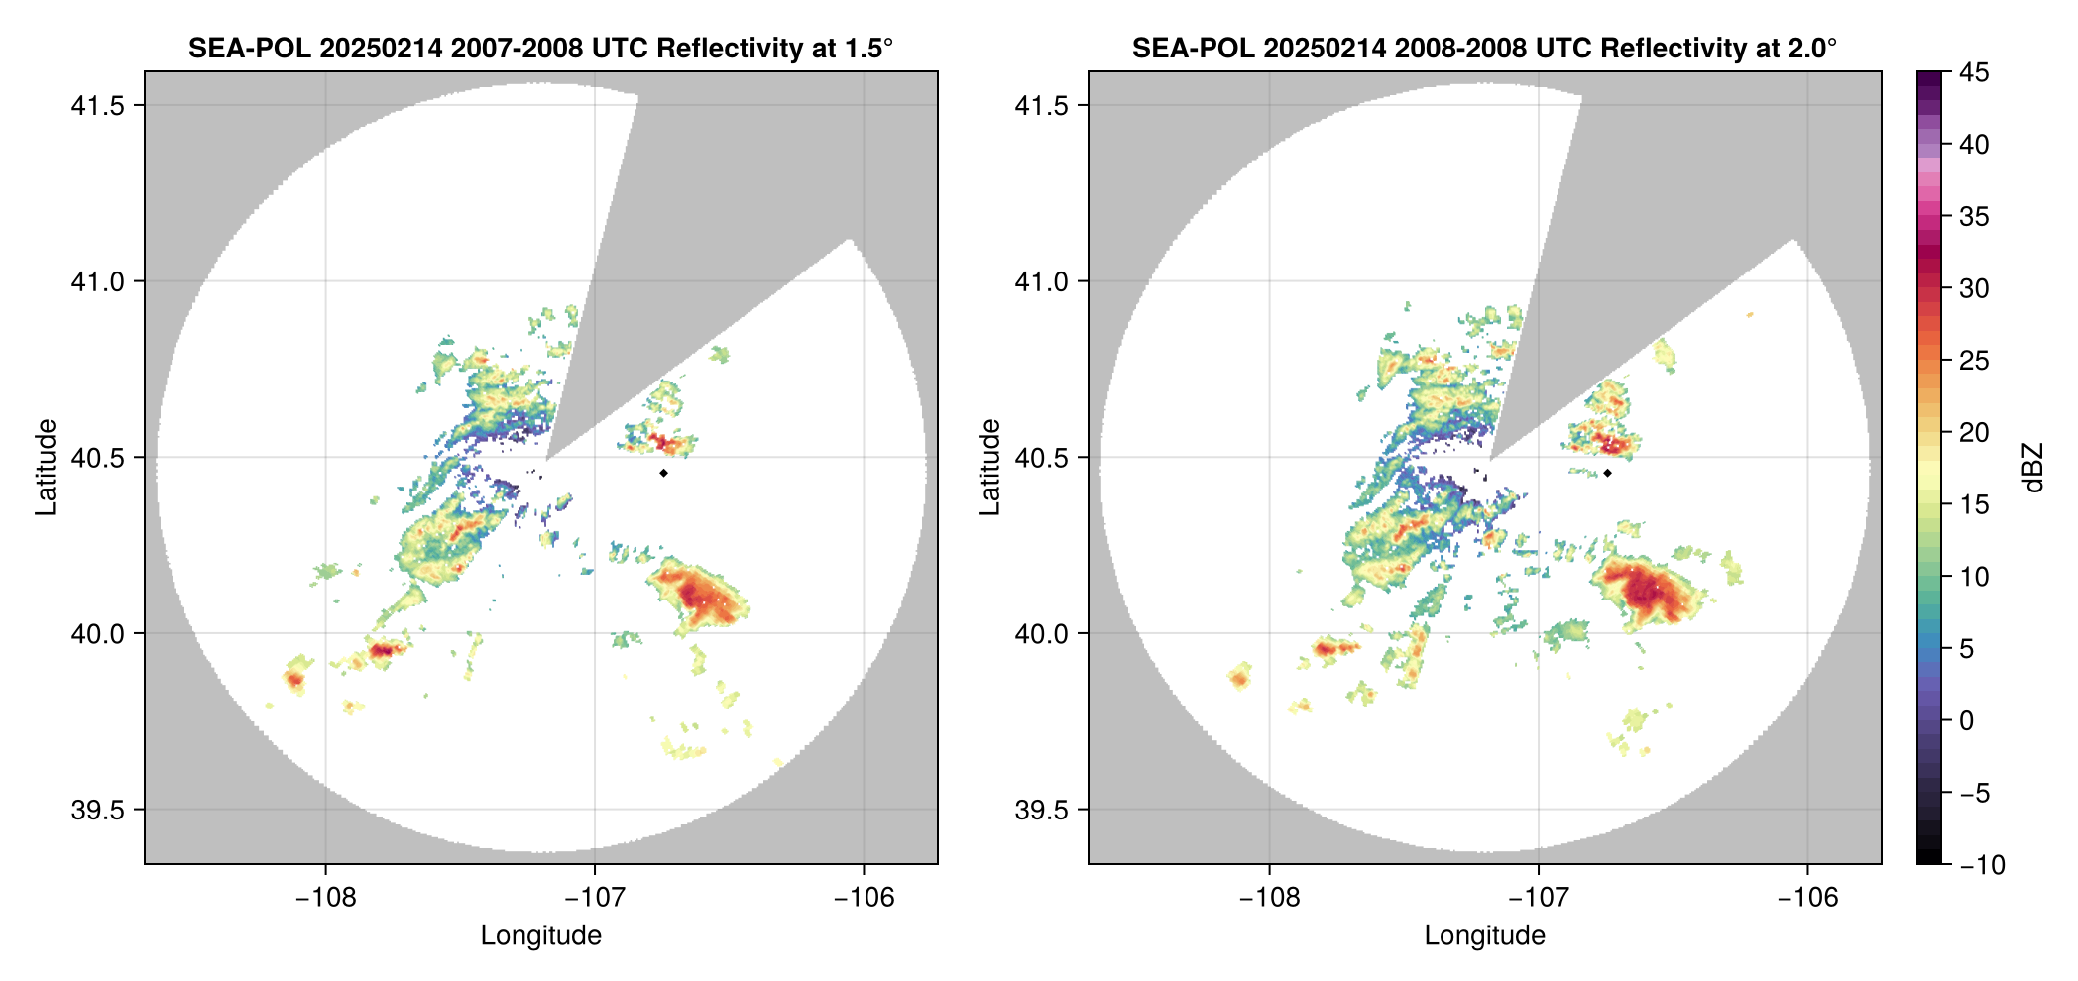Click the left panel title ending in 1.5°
pyautogui.click(x=540, y=48)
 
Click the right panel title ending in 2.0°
pyautogui.click(x=1484, y=48)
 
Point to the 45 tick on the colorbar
pyautogui.click(x=1974, y=72)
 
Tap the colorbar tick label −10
pyautogui.click(x=1982, y=865)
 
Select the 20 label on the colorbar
pyautogui.click(x=1974, y=433)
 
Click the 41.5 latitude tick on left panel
pyautogui.click(x=98, y=106)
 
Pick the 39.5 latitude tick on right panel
pyautogui.click(x=1042, y=810)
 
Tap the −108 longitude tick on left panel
pyautogui.click(x=325, y=897)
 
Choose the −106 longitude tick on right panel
pyautogui.click(x=1807, y=897)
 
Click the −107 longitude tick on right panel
pyautogui.click(x=1539, y=897)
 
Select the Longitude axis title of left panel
pyautogui.click(x=540, y=935)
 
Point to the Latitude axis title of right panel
pyautogui.click(x=989, y=467)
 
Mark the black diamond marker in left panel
pyautogui.click(x=663, y=473)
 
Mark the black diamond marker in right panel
pyautogui.click(x=1607, y=473)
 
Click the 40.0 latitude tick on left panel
pyautogui.click(x=98, y=634)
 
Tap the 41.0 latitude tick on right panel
pyautogui.click(x=1042, y=282)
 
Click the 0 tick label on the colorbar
pyautogui.click(x=1967, y=721)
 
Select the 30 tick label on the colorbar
pyautogui.click(x=1974, y=289)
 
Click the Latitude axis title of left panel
pyautogui.click(x=46, y=467)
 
